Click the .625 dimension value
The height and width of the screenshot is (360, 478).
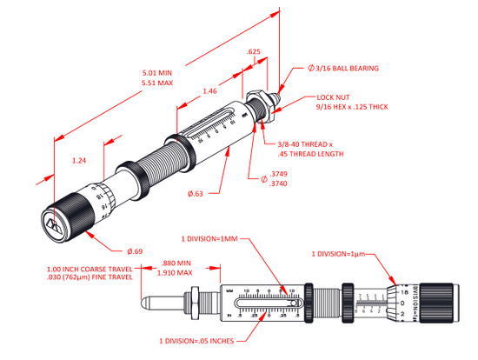[254, 51]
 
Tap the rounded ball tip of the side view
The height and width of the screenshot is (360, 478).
[145, 303]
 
